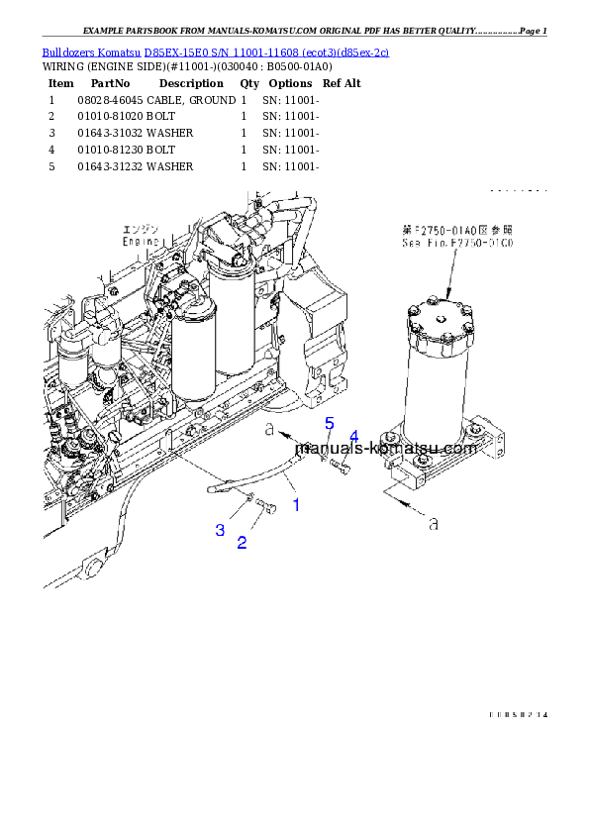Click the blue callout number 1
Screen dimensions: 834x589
click(x=295, y=505)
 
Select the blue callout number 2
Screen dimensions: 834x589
click(x=242, y=542)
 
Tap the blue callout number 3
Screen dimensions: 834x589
click(x=220, y=530)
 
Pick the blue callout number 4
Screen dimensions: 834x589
click(x=353, y=437)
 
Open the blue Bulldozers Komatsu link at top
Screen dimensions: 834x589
click(x=215, y=51)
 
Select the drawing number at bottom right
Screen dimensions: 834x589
click(x=518, y=714)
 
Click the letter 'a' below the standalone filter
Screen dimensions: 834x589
click(x=433, y=519)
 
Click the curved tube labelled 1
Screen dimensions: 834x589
click(x=247, y=477)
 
